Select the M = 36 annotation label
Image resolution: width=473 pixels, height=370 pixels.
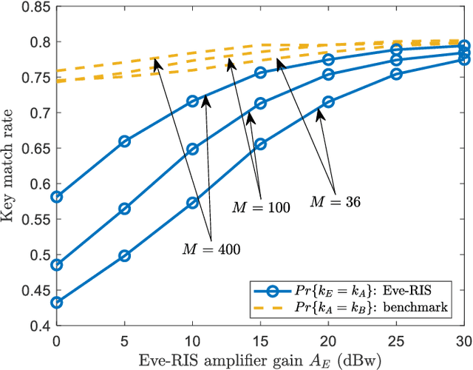[335, 201]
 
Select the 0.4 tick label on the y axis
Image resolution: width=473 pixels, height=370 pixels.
[38, 325]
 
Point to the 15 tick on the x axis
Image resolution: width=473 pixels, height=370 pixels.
[260, 339]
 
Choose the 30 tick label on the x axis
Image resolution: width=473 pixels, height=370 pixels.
[464, 339]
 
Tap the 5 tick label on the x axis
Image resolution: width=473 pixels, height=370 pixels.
[124, 339]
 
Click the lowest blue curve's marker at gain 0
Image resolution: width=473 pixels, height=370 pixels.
[56, 303]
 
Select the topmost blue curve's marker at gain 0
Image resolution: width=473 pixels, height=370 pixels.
[56, 197]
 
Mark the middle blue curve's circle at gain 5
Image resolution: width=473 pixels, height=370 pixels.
[124, 209]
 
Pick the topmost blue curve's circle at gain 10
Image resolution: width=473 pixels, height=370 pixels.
[192, 101]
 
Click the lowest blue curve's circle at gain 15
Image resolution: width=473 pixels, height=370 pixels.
[260, 145]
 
